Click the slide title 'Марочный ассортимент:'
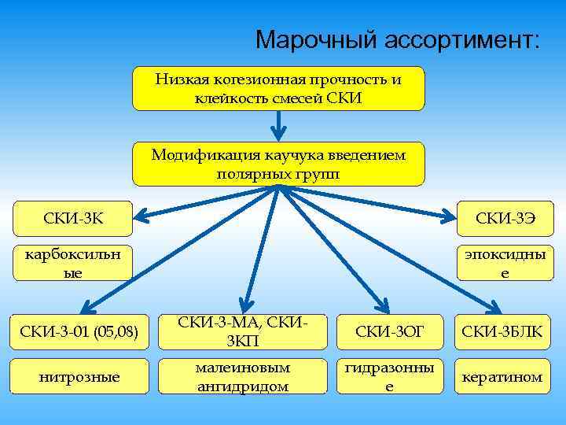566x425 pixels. (x=398, y=39)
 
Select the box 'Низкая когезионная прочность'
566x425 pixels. (x=278, y=88)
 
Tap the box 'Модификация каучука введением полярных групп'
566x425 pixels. (x=278, y=164)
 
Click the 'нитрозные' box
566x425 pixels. (x=79, y=378)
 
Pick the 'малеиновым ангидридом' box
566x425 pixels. (x=242, y=378)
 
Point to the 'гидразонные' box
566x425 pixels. (x=390, y=378)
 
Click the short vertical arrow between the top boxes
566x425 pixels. (x=278, y=124)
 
